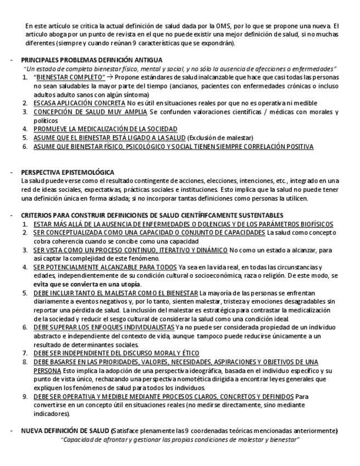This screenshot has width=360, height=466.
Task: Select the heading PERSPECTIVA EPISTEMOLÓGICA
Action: pyautogui.click(x=67, y=172)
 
